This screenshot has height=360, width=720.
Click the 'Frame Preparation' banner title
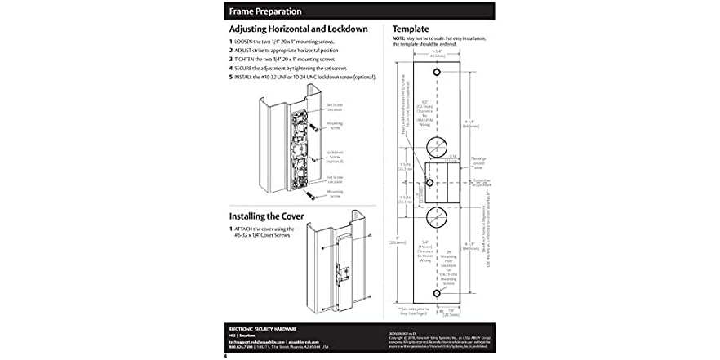(265, 11)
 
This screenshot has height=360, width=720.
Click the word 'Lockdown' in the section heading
(344, 29)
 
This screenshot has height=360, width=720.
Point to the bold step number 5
(231, 78)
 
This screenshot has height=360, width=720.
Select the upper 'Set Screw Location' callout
(336, 106)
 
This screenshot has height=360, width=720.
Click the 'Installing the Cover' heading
(266, 216)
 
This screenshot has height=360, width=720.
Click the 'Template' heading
(411, 29)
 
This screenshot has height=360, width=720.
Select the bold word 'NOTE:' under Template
(398, 38)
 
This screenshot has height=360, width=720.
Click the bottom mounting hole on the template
(436, 291)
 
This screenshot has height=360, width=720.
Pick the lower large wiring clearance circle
(436, 217)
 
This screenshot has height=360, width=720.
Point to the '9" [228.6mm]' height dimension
(396, 239)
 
